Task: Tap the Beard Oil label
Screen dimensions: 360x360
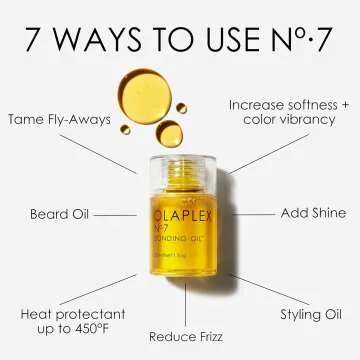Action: [x=63, y=214]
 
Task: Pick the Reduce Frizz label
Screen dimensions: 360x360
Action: [x=185, y=337]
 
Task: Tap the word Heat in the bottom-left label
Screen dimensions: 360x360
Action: [x=40, y=313]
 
